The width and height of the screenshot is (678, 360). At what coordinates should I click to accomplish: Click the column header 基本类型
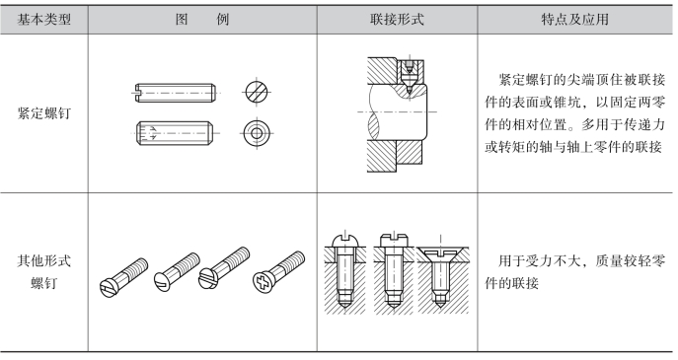tap(44, 20)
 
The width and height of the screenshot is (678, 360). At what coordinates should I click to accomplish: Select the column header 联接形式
tap(397, 20)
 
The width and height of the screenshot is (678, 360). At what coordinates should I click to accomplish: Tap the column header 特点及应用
tap(574, 20)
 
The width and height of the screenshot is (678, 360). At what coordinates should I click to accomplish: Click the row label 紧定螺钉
tap(44, 113)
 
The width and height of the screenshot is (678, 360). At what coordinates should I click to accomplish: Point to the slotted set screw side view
tap(175, 93)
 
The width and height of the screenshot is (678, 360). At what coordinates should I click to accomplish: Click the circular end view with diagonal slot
tap(257, 93)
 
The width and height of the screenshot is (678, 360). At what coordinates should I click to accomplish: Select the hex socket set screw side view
tap(175, 133)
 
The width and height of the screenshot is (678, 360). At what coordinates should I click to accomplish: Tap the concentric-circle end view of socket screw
tap(257, 133)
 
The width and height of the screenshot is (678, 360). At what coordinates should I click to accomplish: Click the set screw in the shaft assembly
tap(409, 76)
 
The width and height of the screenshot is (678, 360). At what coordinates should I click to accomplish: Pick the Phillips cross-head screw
tap(279, 272)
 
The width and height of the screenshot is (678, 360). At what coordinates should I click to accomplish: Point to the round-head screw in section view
tap(344, 272)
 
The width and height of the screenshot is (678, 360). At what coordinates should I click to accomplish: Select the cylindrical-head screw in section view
tap(394, 271)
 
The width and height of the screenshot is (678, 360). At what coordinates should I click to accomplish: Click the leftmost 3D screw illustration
tap(123, 277)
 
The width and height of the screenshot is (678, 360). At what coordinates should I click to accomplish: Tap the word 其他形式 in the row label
tap(44, 260)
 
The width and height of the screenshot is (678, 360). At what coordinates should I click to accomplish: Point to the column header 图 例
tap(202, 20)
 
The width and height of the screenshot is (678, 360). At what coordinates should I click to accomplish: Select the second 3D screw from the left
tap(177, 272)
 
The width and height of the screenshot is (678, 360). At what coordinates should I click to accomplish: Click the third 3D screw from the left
tap(224, 268)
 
